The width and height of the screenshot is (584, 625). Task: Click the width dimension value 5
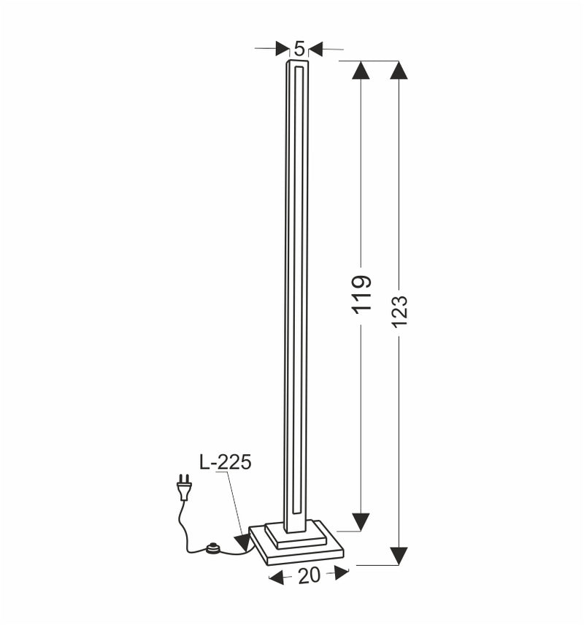(299, 49)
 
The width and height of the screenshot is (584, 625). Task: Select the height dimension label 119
(361, 294)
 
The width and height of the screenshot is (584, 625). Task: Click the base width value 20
(309, 575)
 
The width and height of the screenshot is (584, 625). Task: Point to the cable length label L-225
(225, 461)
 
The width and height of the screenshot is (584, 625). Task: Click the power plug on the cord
(183, 488)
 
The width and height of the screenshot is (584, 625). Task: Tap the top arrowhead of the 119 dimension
(361, 71)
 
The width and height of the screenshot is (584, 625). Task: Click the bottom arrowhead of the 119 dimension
(361, 521)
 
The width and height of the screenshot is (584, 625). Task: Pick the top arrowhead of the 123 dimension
(399, 71)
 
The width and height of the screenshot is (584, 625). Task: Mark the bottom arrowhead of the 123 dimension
(399, 555)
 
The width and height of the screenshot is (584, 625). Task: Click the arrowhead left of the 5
(283, 49)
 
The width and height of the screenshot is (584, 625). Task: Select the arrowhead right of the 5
(315, 49)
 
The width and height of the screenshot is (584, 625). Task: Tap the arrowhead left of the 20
(277, 578)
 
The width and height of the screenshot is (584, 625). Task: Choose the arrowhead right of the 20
(341, 573)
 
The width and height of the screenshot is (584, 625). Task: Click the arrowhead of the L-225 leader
(242, 542)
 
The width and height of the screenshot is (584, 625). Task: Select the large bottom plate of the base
(296, 553)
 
